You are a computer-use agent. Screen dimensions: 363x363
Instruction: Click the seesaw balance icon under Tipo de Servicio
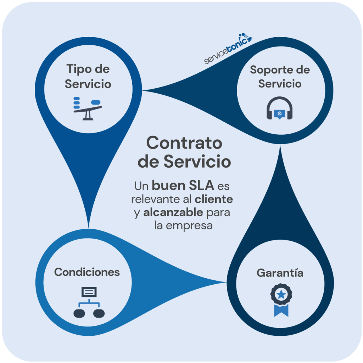(x=88, y=108)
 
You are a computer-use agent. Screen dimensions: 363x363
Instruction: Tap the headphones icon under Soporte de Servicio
(x=279, y=108)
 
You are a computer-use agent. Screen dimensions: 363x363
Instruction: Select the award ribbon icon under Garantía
(x=281, y=300)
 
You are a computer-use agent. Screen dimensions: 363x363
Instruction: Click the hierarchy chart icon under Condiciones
(x=89, y=302)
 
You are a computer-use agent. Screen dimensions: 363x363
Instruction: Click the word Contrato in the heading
(x=184, y=143)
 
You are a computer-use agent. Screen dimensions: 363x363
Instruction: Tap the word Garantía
(x=280, y=273)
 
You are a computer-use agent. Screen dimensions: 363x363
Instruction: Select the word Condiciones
(x=87, y=272)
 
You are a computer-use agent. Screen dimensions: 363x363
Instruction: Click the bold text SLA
(x=201, y=185)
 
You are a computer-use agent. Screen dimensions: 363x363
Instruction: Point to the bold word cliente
(x=214, y=199)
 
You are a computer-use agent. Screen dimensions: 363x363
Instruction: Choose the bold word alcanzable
(x=173, y=212)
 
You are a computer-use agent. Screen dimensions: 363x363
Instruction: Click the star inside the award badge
(x=281, y=294)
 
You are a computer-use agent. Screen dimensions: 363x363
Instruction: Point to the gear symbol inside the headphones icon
(x=279, y=113)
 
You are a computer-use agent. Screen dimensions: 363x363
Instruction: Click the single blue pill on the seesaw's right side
(x=96, y=102)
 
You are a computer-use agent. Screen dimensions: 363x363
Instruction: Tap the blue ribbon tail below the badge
(x=281, y=311)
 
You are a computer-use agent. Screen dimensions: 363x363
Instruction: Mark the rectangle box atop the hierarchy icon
(x=89, y=292)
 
